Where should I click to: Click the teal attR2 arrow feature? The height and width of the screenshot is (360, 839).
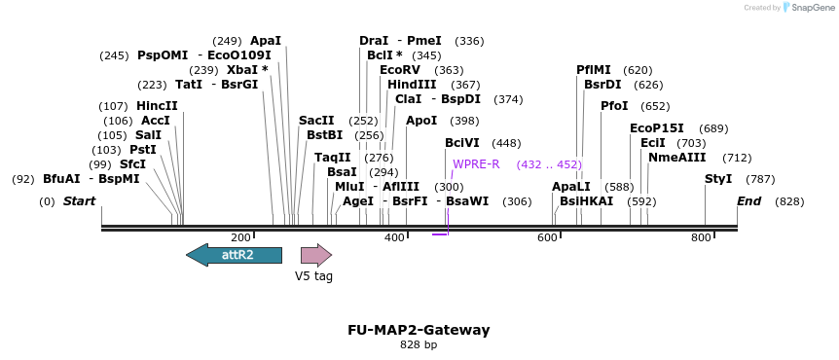pyautogui.click(x=235, y=255)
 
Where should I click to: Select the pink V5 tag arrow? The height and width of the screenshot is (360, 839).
pyautogui.click(x=315, y=255)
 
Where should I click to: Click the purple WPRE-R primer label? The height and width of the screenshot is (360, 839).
pyautogui.click(x=476, y=164)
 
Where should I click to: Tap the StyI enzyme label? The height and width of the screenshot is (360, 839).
pyautogui.click(x=718, y=179)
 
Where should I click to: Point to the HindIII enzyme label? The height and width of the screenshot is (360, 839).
pyautogui.click(x=412, y=85)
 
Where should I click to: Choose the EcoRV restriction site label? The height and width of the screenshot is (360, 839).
pyautogui.click(x=400, y=70)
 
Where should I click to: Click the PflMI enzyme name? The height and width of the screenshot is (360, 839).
pyautogui.click(x=594, y=70)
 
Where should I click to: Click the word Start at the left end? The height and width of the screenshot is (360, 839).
pyautogui.click(x=80, y=201)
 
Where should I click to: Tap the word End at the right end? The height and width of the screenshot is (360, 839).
pyautogui.click(x=748, y=201)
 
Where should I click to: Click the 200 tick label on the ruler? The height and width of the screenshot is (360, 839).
pyautogui.click(x=241, y=238)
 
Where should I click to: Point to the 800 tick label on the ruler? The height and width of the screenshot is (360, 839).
pyautogui.click(x=701, y=238)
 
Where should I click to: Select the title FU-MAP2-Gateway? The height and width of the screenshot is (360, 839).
pyautogui.click(x=419, y=330)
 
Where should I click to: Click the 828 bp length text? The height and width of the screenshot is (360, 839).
pyautogui.click(x=419, y=344)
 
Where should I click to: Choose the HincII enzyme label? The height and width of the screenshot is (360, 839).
pyautogui.click(x=157, y=106)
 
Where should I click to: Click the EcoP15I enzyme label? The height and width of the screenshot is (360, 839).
pyautogui.click(x=657, y=128)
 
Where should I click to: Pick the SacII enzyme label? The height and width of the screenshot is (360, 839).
pyautogui.click(x=316, y=121)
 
